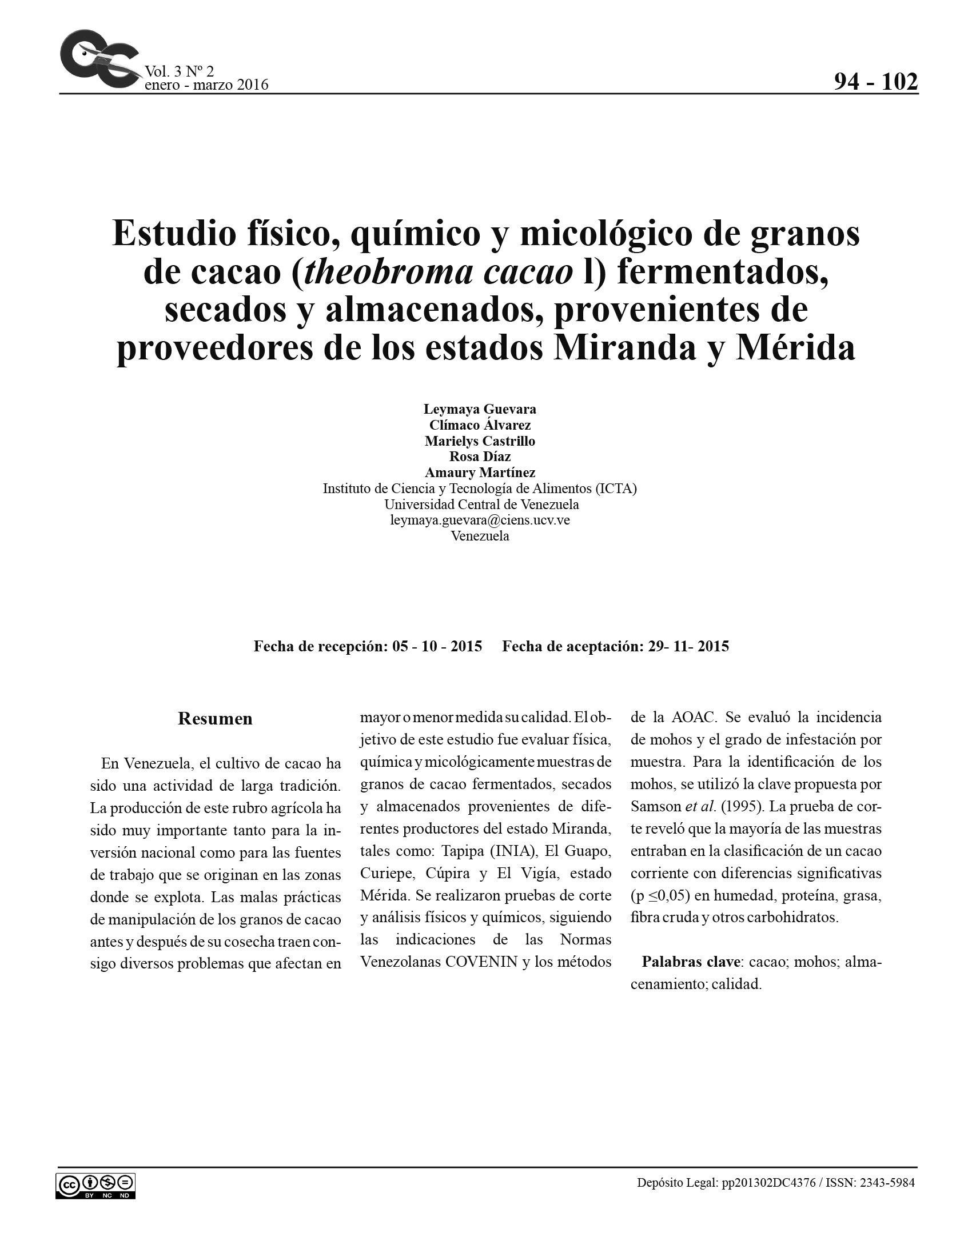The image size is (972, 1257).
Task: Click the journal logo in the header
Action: pyautogui.click(x=99, y=59)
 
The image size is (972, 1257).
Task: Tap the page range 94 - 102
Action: pyautogui.click(x=875, y=82)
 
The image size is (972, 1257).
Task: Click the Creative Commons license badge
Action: pyautogui.click(x=95, y=1186)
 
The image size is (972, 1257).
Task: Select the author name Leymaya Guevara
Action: pyautogui.click(x=480, y=409)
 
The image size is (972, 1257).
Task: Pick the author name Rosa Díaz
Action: pyautogui.click(x=480, y=457)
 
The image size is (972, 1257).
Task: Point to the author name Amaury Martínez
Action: pyautogui.click(x=480, y=473)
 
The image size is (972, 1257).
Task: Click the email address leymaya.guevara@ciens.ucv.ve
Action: pyautogui.click(x=480, y=521)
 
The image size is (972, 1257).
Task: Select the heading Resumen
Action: pyautogui.click(x=215, y=719)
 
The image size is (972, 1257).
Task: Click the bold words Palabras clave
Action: pyautogui.click(x=691, y=962)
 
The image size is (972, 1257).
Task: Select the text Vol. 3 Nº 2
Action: pyautogui.click(x=179, y=71)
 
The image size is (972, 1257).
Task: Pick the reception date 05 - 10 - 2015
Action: pyautogui.click(x=437, y=646)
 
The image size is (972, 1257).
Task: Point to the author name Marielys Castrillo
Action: pyautogui.click(x=480, y=441)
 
